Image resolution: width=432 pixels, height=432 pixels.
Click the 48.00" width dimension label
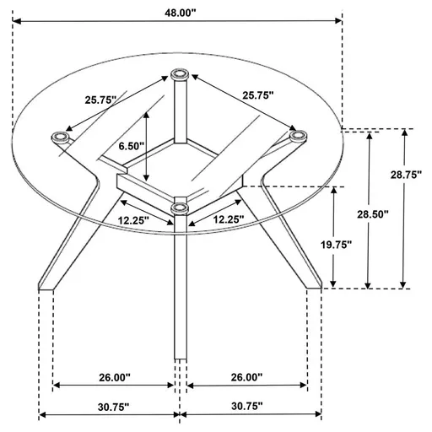[179, 11]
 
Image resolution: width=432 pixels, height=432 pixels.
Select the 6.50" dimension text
[132, 146]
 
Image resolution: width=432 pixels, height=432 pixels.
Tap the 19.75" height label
[360, 245]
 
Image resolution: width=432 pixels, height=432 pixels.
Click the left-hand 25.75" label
[100, 99]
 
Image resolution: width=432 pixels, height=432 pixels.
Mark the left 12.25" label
[132, 220]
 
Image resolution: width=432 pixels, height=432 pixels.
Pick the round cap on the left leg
[60, 135]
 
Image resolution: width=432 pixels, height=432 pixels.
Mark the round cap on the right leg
[297, 135]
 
